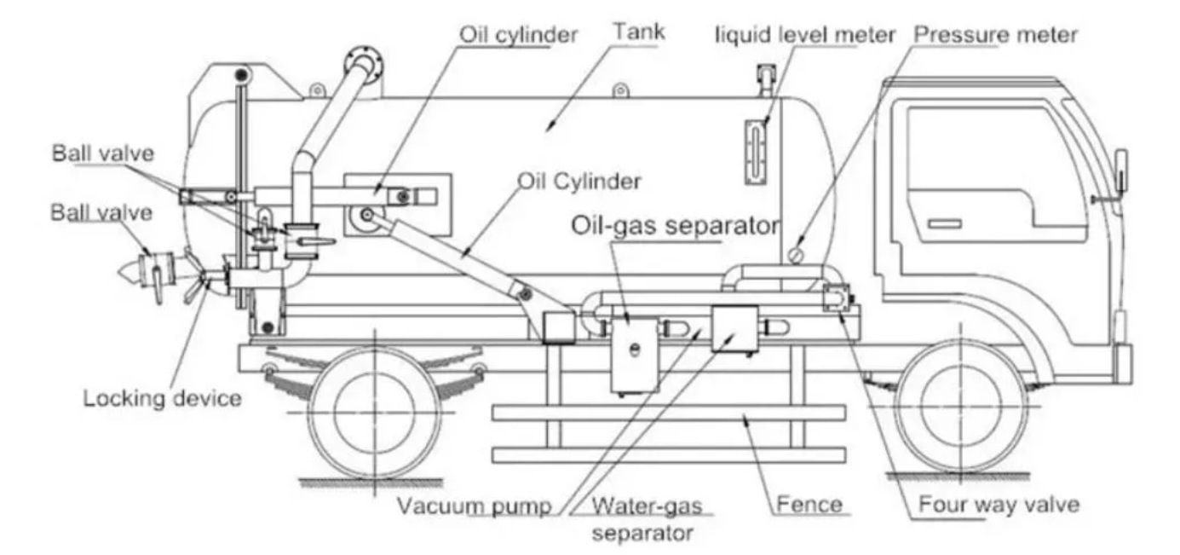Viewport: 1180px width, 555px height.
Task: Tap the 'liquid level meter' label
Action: pos(805,35)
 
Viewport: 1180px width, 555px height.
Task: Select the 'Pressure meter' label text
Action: pos(995,35)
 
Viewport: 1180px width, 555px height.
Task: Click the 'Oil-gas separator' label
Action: pos(675,226)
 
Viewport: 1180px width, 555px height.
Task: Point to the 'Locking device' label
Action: pos(161,397)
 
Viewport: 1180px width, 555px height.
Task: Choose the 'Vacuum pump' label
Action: pos(475,506)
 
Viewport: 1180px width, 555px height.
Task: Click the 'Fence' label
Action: pos(809,504)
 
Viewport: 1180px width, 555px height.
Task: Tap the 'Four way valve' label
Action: pos(999,504)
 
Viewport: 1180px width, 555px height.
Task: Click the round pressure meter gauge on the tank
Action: pos(796,254)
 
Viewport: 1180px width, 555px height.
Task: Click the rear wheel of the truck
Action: pos(371,412)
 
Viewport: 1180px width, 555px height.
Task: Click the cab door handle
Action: pos(944,224)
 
